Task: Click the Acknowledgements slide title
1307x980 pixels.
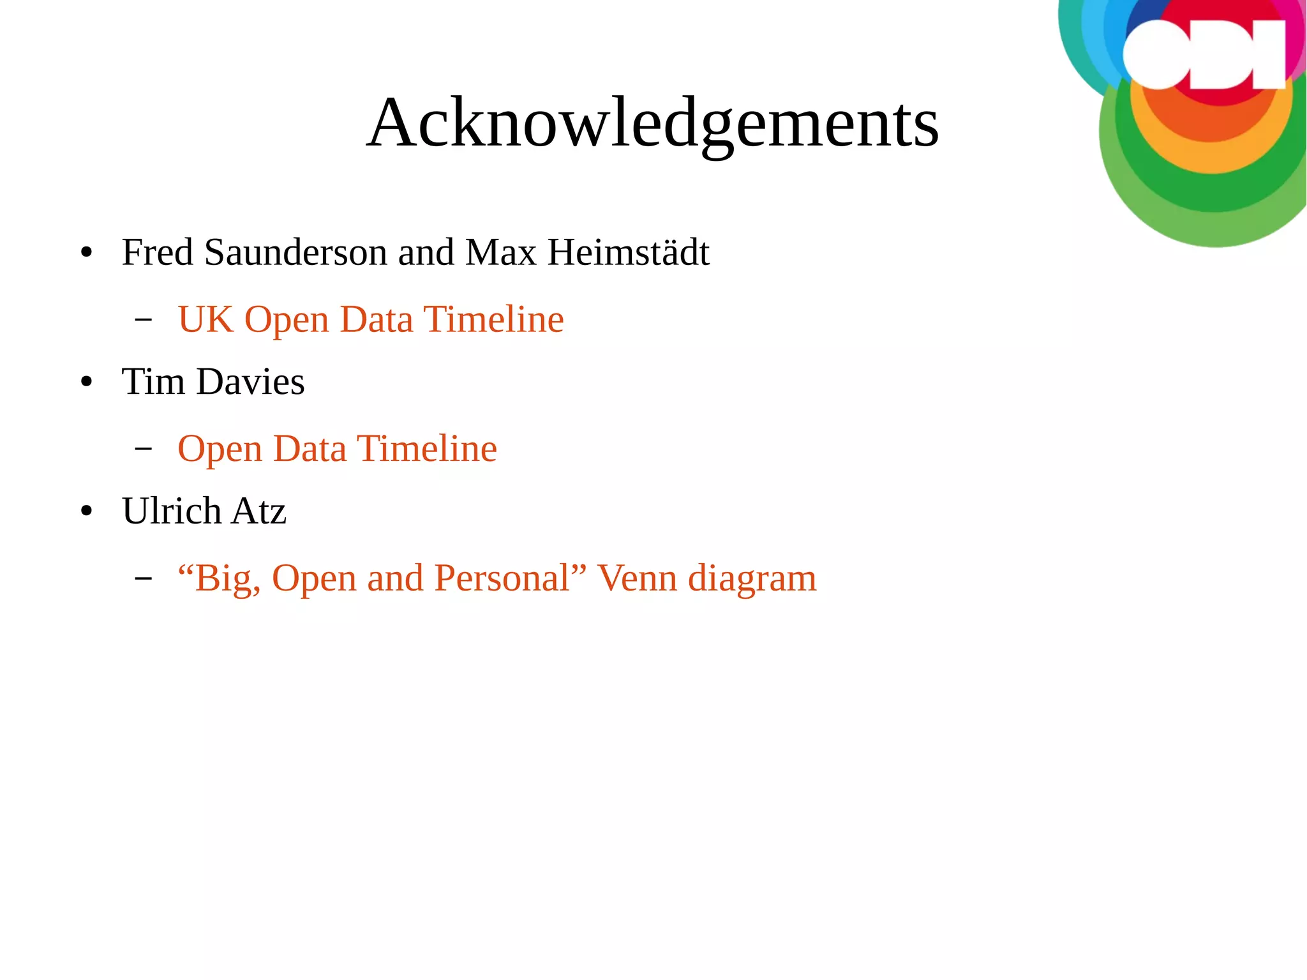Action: pos(652,123)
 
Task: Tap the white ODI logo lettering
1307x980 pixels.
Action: pos(1203,55)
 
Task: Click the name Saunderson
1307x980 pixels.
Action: pos(295,252)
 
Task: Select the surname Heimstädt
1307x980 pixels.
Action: pos(629,252)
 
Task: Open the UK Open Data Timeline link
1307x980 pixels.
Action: pos(371,320)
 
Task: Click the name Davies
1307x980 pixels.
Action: pos(250,382)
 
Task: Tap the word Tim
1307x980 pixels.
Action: pos(153,382)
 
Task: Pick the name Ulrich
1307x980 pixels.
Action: pos(172,511)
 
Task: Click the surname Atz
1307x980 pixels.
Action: pos(258,511)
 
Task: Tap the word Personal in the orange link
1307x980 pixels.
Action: pos(502,578)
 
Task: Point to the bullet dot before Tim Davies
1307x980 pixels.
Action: pos(87,382)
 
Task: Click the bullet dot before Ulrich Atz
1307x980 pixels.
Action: pos(87,511)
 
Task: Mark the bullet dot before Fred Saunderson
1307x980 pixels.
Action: pos(87,253)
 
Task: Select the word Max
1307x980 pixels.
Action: pos(501,252)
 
